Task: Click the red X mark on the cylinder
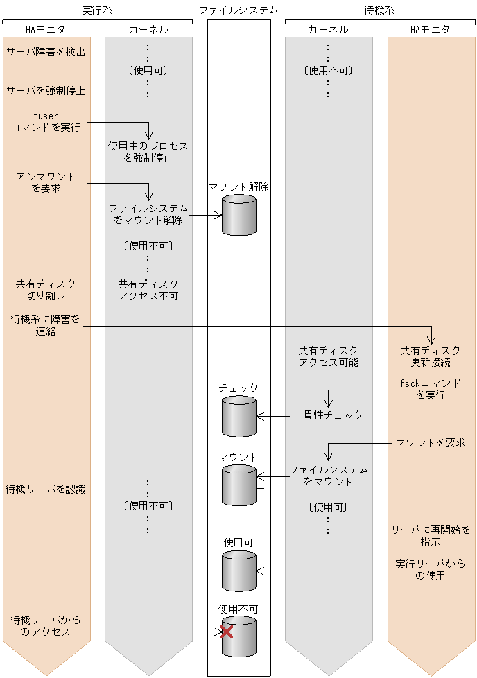pyautogui.click(x=226, y=632)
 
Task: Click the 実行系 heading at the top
pyautogui.click(x=96, y=10)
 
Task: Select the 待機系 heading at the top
pyautogui.click(x=379, y=10)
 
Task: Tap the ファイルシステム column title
pyautogui.click(x=238, y=10)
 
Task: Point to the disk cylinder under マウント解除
pyautogui.click(x=238, y=215)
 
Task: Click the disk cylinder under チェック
pyautogui.click(x=238, y=416)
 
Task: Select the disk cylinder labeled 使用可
pyautogui.click(x=238, y=571)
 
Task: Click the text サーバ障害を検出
pyautogui.click(x=46, y=52)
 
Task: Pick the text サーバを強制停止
pyautogui.click(x=46, y=91)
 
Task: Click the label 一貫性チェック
pyautogui.click(x=328, y=415)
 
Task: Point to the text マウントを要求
pyautogui.click(x=431, y=442)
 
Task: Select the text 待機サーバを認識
pyautogui.click(x=46, y=489)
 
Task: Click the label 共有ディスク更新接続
pyautogui.click(x=431, y=356)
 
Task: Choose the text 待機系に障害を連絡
pyautogui.click(x=46, y=325)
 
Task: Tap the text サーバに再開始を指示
pyautogui.click(x=431, y=536)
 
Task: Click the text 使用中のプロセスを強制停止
pyautogui.click(x=148, y=152)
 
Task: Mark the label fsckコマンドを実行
pyautogui.click(x=431, y=389)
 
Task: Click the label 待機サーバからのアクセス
pyautogui.click(x=46, y=625)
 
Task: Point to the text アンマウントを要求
pyautogui.click(x=46, y=182)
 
